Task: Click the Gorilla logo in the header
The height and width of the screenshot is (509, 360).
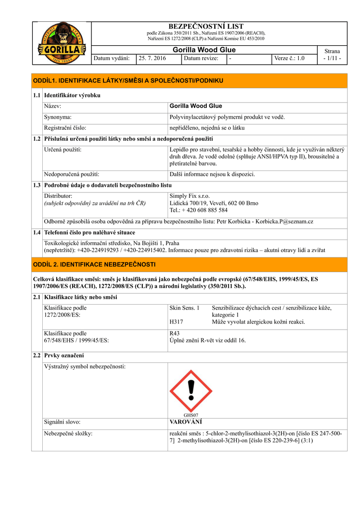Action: (x=62, y=43)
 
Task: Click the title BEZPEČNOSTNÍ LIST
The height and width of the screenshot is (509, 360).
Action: (x=206, y=26)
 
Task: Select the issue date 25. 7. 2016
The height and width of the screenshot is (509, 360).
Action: (x=152, y=59)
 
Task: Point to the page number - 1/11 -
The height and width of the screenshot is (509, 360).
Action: (x=332, y=59)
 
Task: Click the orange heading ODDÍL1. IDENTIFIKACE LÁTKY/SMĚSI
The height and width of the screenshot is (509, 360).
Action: (x=128, y=81)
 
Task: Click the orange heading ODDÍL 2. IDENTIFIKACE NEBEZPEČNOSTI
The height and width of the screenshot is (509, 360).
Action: (x=94, y=264)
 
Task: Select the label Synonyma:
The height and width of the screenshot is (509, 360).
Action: (x=58, y=117)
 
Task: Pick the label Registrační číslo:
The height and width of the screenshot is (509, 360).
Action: (x=65, y=128)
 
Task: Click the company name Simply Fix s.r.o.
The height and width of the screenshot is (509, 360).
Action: (x=189, y=196)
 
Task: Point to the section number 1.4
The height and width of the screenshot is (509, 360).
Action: (x=37, y=233)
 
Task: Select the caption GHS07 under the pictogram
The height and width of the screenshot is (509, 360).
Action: (x=191, y=415)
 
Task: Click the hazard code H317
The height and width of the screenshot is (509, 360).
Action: (x=177, y=322)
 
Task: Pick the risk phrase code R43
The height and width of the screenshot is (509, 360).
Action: (x=175, y=334)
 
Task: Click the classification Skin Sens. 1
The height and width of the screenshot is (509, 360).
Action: (x=184, y=308)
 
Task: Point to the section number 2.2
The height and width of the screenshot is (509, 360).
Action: (x=37, y=356)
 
